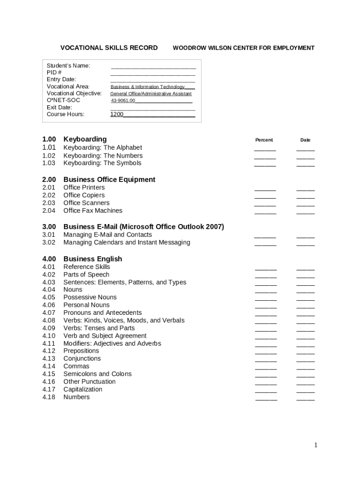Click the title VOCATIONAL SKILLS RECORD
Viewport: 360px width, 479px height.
pyautogui.click(x=109, y=48)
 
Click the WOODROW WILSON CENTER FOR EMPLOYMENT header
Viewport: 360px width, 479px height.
pyautogui.click(x=244, y=48)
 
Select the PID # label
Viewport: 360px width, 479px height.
pyautogui.click(x=54, y=73)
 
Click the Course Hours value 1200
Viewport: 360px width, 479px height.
pyautogui.click(x=117, y=114)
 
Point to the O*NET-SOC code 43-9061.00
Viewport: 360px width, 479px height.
pyautogui.click(x=123, y=101)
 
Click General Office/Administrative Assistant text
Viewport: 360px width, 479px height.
pyautogui.click(x=151, y=94)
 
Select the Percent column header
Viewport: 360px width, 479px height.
pyautogui.click(x=264, y=140)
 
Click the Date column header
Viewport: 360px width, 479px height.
pyautogui.click(x=305, y=140)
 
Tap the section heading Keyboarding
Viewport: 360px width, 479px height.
pyautogui.click(x=85, y=139)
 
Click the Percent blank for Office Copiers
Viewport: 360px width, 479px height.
pyautogui.click(x=265, y=197)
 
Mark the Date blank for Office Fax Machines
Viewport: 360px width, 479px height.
pyautogui.click(x=305, y=212)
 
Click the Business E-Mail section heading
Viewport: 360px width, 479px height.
pyautogui.click(x=144, y=227)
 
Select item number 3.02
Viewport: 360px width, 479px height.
pyautogui.click(x=49, y=242)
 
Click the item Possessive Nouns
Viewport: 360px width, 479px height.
pyautogui.click(x=90, y=297)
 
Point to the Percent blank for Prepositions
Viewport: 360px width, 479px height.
pyautogui.click(x=266, y=353)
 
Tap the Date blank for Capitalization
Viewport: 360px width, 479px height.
pyautogui.click(x=305, y=391)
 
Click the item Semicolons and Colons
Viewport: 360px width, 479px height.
pyautogui.click(x=97, y=374)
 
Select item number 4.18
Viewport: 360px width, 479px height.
pyautogui.click(x=49, y=397)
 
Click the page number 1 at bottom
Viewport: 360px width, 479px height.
pyautogui.click(x=316, y=445)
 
